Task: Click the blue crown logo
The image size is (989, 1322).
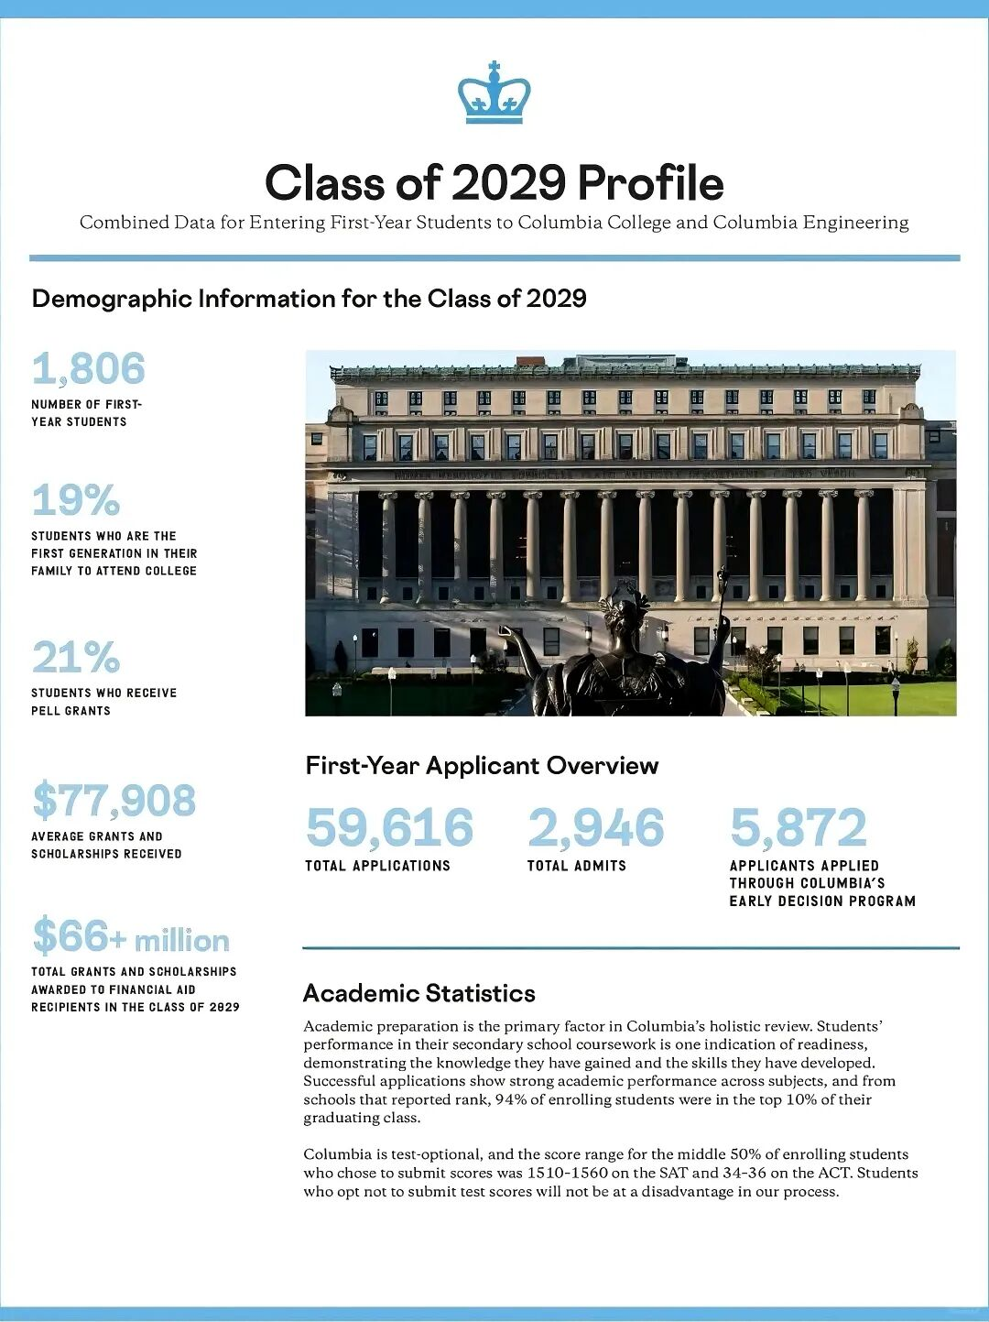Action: coord(494,93)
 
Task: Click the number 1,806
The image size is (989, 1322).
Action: coord(89,369)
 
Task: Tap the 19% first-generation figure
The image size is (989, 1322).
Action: coord(76,500)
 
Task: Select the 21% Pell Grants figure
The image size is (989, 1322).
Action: coord(76,657)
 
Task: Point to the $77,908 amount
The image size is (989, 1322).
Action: coord(114,801)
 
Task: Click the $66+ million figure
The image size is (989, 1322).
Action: coord(131,937)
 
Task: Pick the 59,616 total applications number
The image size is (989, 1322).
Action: coord(389,827)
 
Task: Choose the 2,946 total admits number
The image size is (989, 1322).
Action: coord(595,827)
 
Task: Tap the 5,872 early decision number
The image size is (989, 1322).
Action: coord(798,827)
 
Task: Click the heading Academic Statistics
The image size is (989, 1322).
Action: coord(419,993)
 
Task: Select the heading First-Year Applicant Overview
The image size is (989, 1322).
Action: coord(482,766)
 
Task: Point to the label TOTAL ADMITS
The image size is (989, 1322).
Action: coord(576,866)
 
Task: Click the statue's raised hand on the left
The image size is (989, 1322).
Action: coord(505,632)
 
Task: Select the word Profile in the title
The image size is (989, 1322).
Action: coord(650,182)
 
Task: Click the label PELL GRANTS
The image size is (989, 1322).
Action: coord(71,711)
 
